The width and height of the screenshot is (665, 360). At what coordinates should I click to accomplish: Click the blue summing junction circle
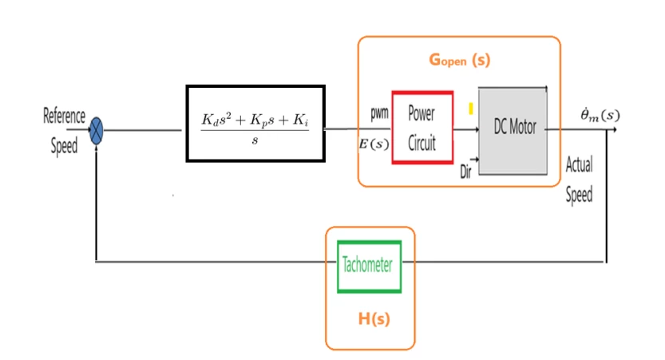click(x=97, y=131)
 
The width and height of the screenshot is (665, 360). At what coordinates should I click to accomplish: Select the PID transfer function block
click(x=255, y=124)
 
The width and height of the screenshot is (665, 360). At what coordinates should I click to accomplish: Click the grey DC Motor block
click(x=513, y=131)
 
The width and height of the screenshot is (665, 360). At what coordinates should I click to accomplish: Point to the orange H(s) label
click(x=374, y=318)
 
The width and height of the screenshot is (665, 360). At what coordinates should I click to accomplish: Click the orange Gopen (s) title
click(x=459, y=60)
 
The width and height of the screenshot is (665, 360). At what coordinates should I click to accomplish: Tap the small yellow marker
click(x=471, y=109)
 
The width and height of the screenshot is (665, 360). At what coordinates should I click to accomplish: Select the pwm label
click(x=379, y=113)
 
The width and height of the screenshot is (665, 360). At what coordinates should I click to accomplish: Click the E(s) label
click(x=374, y=144)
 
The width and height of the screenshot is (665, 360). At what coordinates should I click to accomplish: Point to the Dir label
click(x=465, y=172)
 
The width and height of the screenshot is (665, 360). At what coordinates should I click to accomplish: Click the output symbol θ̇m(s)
click(x=600, y=115)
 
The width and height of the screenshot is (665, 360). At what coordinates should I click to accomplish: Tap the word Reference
click(x=64, y=116)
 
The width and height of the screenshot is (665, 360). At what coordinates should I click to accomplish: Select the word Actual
click(x=579, y=164)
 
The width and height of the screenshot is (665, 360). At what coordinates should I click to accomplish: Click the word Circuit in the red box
click(x=422, y=143)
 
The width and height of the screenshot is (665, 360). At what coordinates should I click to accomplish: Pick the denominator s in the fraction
click(x=255, y=140)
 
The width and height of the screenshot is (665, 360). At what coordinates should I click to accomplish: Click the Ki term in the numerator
click(x=300, y=120)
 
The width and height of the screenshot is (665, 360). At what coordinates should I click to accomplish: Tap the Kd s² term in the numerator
click(x=216, y=120)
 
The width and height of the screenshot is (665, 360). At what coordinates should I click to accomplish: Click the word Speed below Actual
click(x=579, y=195)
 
